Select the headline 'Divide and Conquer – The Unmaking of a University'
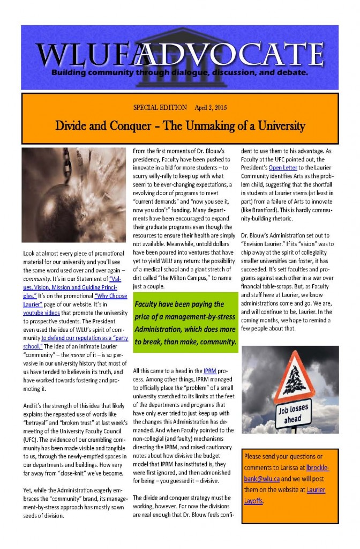pos(180,127)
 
